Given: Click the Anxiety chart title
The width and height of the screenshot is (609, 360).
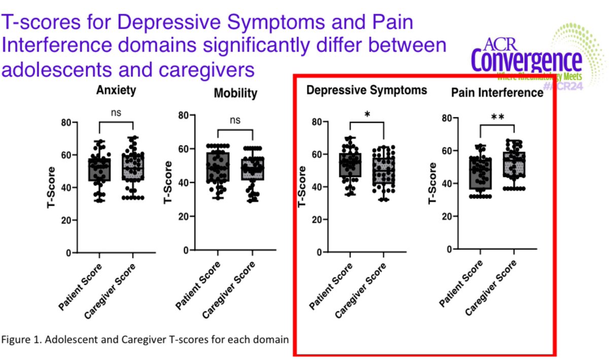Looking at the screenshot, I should tap(116, 91).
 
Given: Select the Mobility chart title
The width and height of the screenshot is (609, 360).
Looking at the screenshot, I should tap(235, 93).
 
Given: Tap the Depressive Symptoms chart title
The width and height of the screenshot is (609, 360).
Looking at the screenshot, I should tap(366, 90).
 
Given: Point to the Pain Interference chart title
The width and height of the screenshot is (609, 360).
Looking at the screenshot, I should tap(497, 93).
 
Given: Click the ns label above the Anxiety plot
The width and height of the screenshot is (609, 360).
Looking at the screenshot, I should tap(116, 113).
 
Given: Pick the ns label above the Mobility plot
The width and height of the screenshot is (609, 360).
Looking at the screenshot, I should tap(234, 120).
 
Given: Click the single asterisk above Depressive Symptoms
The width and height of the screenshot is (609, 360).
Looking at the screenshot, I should tap(367, 114).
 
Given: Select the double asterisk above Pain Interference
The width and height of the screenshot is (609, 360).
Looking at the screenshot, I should tap(497, 117).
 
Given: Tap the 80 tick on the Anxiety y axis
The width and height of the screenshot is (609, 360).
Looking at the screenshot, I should tap(65, 122).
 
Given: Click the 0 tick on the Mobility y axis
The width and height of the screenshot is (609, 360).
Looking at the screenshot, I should tap(186, 250).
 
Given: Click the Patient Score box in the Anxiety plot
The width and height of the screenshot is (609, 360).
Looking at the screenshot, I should tap(99, 170).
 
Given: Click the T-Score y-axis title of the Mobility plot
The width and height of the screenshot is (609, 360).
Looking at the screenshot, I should tap(167, 183).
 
